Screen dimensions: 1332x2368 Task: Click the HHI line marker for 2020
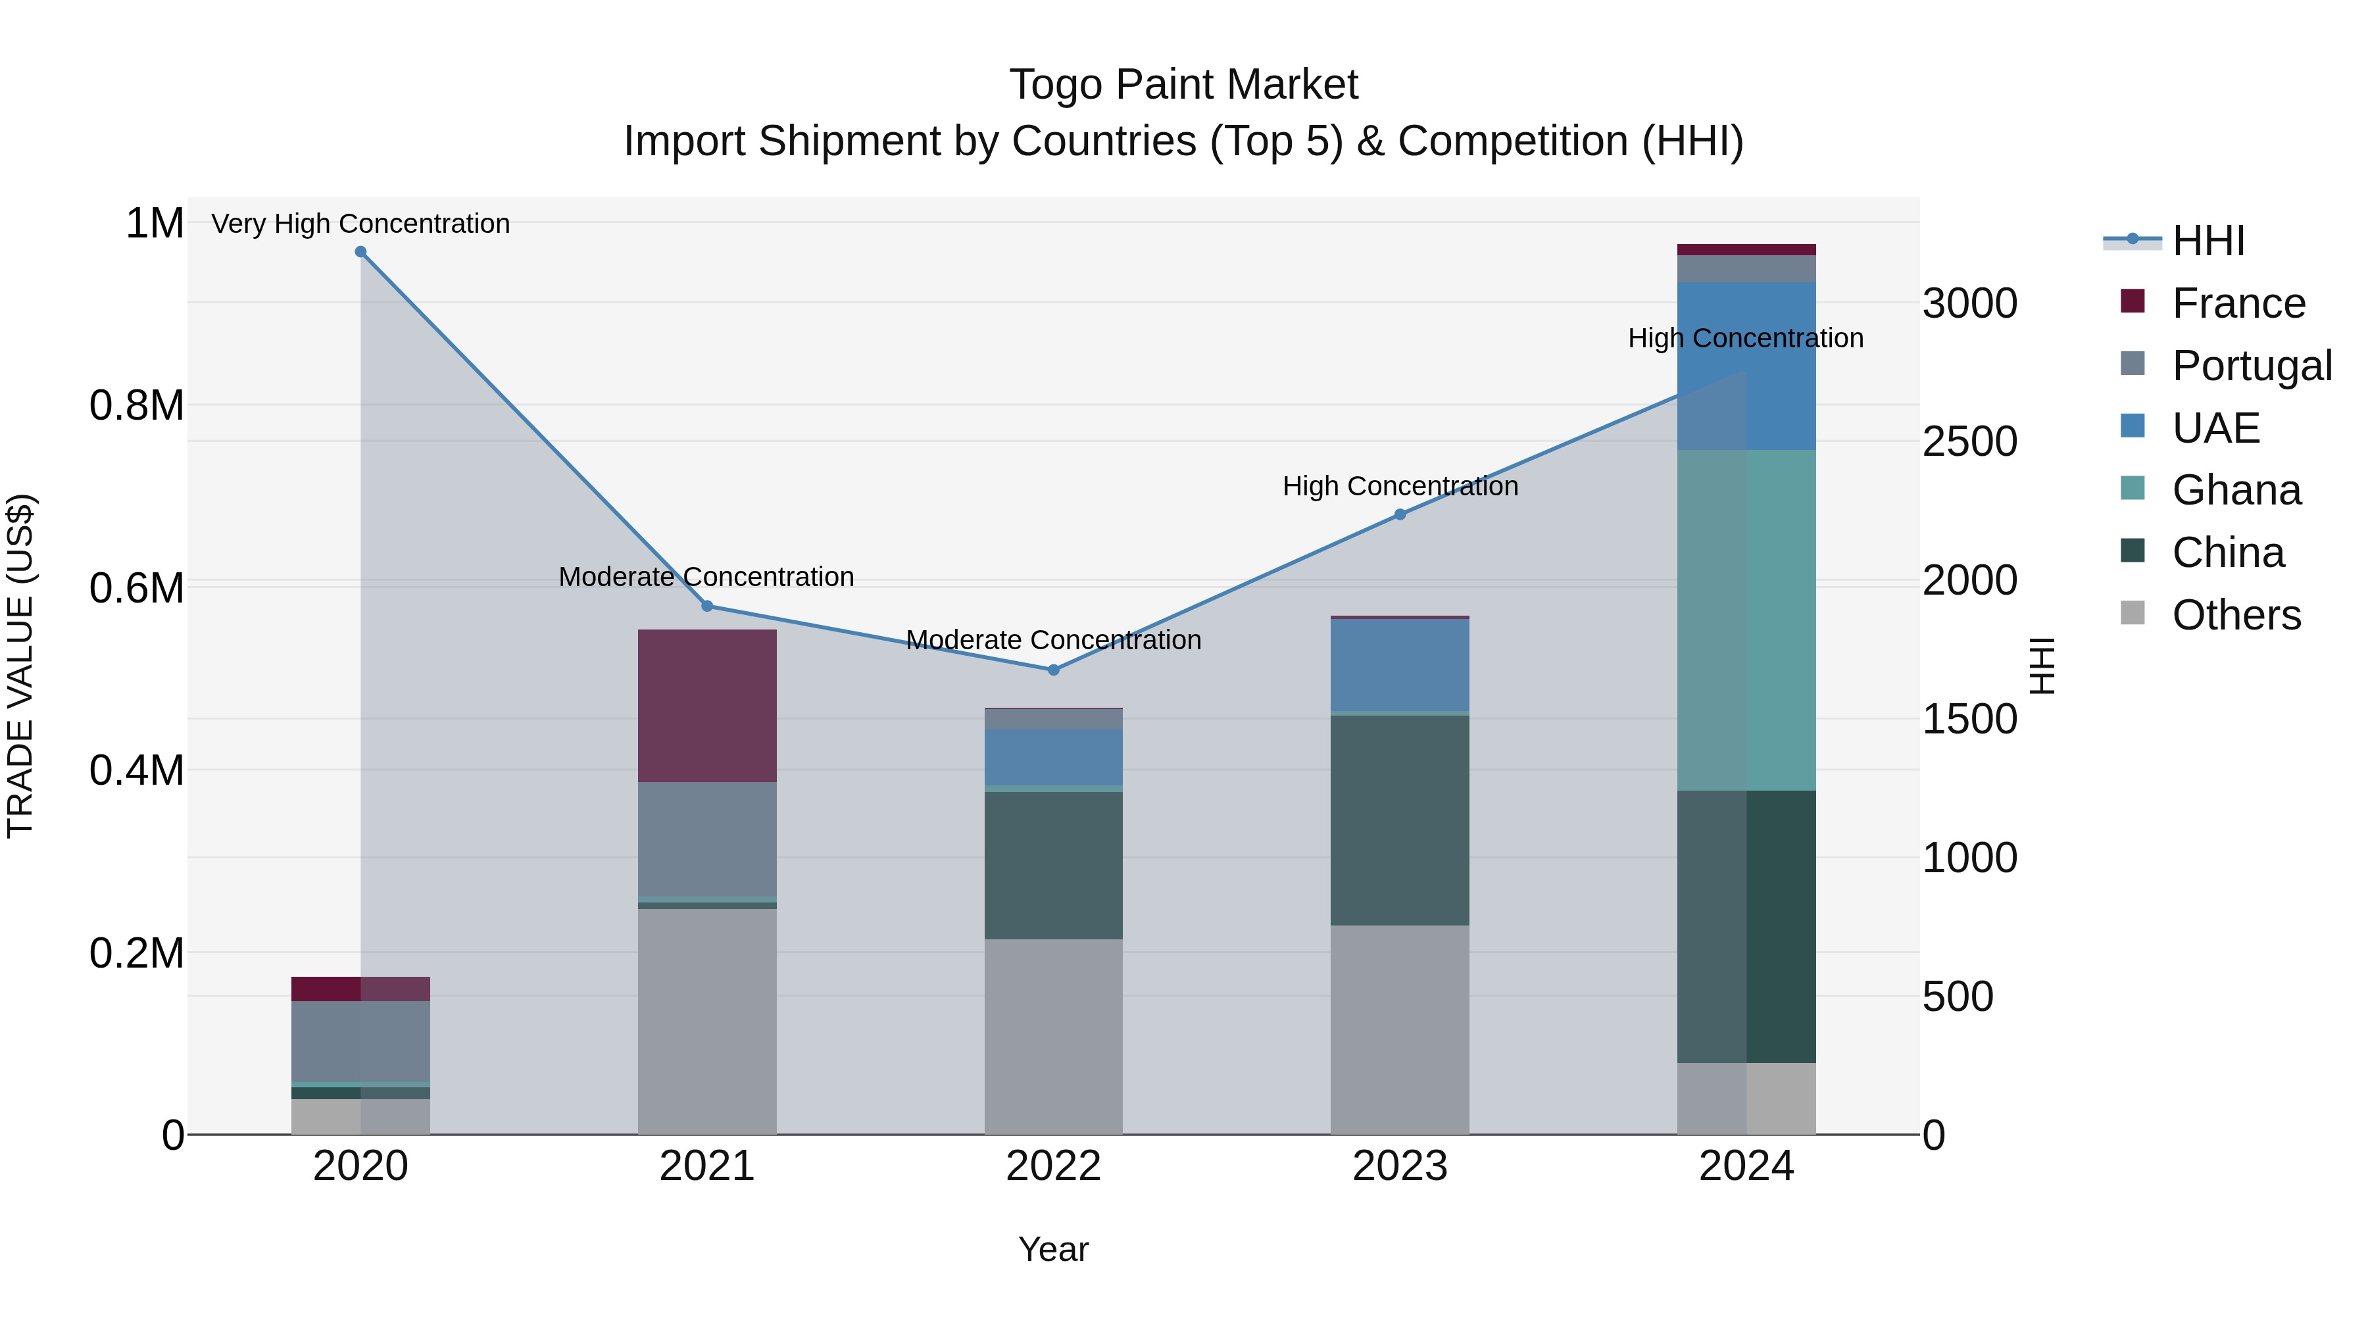(360, 252)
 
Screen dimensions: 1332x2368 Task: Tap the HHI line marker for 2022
(1054, 670)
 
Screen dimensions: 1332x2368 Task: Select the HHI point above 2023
(1400, 515)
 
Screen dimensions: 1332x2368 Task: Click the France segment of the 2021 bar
(707, 706)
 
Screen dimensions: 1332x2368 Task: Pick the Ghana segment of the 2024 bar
(1746, 620)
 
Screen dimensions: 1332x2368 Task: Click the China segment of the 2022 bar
(1054, 865)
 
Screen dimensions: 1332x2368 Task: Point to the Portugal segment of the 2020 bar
(360, 1041)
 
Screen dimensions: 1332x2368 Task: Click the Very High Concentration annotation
(360, 224)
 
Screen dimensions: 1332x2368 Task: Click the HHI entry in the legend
(2207, 241)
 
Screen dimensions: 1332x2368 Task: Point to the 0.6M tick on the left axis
(136, 587)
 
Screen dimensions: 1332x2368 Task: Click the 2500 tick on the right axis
(1969, 441)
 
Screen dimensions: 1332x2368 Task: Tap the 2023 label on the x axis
(1400, 1166)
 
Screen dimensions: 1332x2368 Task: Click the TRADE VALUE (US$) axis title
(20, 666)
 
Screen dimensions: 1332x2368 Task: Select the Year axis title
(1054, 1249)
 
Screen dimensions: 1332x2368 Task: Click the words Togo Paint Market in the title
(1183, 85)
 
